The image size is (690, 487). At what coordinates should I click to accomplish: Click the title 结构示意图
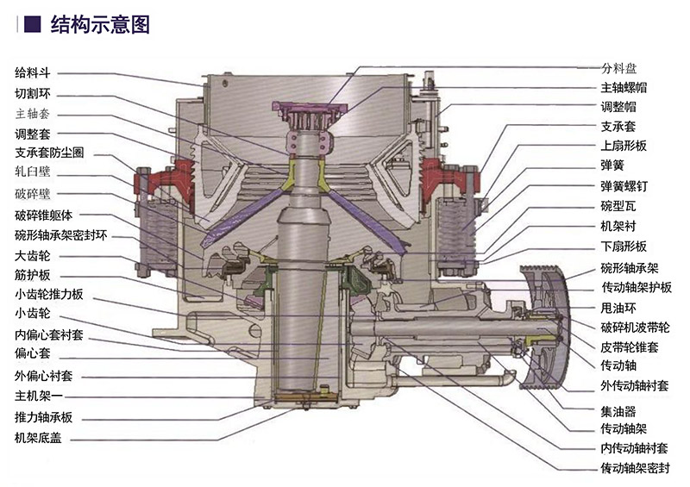pos(100,25)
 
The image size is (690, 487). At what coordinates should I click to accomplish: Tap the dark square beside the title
pos(32,24)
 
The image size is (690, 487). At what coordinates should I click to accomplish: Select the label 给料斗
pos(33,72)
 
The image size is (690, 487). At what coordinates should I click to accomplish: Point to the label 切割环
pos(33,93)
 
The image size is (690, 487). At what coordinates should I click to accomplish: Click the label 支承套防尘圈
pos(49,153)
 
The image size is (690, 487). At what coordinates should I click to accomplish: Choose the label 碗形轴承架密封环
pos(60,235)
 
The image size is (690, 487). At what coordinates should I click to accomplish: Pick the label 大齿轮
pos(33,256)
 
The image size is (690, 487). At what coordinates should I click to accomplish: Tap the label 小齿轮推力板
pos(49,294)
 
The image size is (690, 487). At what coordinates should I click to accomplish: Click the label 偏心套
pos(33,353)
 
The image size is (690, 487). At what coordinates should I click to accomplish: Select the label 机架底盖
pos(38,438)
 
